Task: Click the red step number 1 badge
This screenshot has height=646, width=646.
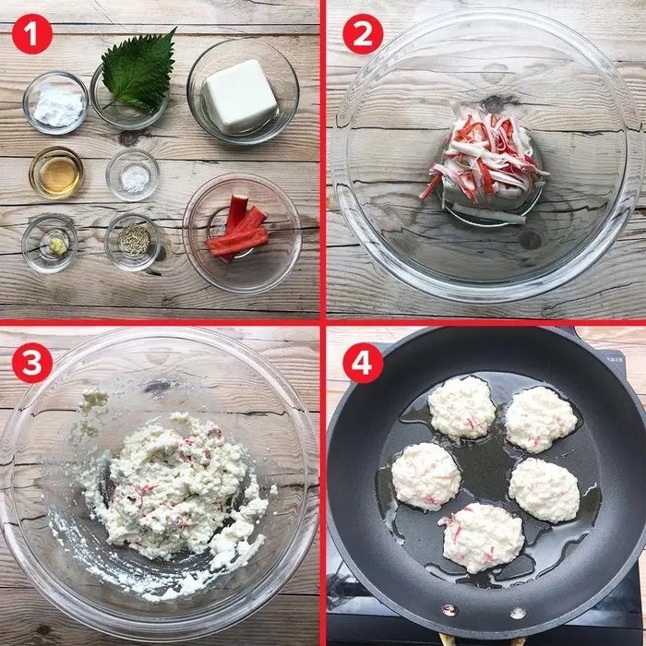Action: click(x=32, y=34)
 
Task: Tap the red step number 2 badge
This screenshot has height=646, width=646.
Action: click(x=363, y=34)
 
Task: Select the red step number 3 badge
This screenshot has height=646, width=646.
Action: click(x=32, y=363)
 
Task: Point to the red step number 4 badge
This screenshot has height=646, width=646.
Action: click(x=363, y=363)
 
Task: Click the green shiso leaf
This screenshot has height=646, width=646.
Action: click(x=139, y=72)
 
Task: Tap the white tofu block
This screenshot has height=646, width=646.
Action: click(x=239, y=95)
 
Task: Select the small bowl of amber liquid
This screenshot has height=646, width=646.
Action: click(x=56, y=173)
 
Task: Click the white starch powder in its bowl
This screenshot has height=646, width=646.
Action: click(x=58, y=105)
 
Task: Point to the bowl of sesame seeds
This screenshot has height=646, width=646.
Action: click(x=132, y=242)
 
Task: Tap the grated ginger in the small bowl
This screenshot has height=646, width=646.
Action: click(x=58, y=246)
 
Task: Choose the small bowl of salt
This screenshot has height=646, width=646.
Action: click(x=132, y=174)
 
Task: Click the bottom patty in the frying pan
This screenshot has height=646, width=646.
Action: click(x=483, y=537)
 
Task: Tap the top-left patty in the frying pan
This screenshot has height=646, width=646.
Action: click(x=461, y=408)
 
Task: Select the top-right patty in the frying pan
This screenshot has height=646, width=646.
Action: click(x=541, y=419)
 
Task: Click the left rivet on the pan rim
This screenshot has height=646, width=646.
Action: click(x=449, y=609)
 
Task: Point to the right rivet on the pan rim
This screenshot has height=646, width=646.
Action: click(x=518, y=613)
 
